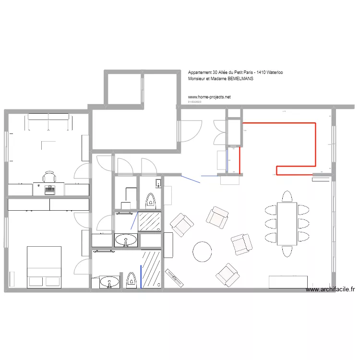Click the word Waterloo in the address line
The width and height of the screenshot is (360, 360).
(x=273, y=72)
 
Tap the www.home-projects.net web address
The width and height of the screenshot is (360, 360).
(x=209, y=96)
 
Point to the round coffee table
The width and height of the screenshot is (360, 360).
(x=202, y=251)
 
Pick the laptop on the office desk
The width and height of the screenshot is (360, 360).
(x=49, y=190)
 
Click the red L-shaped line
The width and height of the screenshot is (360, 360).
(x=315, y=144)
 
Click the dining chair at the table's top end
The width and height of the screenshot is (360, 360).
(x=288, y=197)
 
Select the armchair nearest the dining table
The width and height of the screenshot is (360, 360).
(x=241, y=244)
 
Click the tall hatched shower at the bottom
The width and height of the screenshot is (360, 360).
(x=152, y=269)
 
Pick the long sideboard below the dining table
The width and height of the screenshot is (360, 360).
(x=288, y=282)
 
